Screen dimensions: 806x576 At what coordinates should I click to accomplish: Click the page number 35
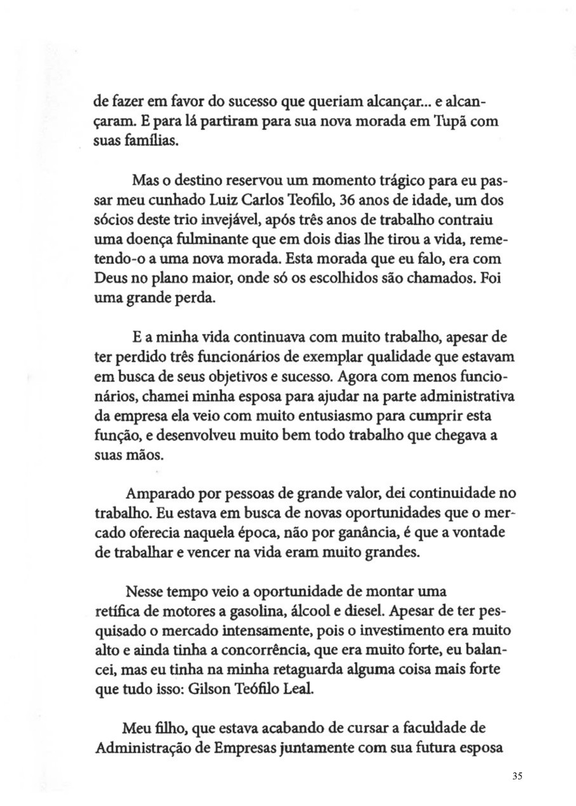click(516, 776)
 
